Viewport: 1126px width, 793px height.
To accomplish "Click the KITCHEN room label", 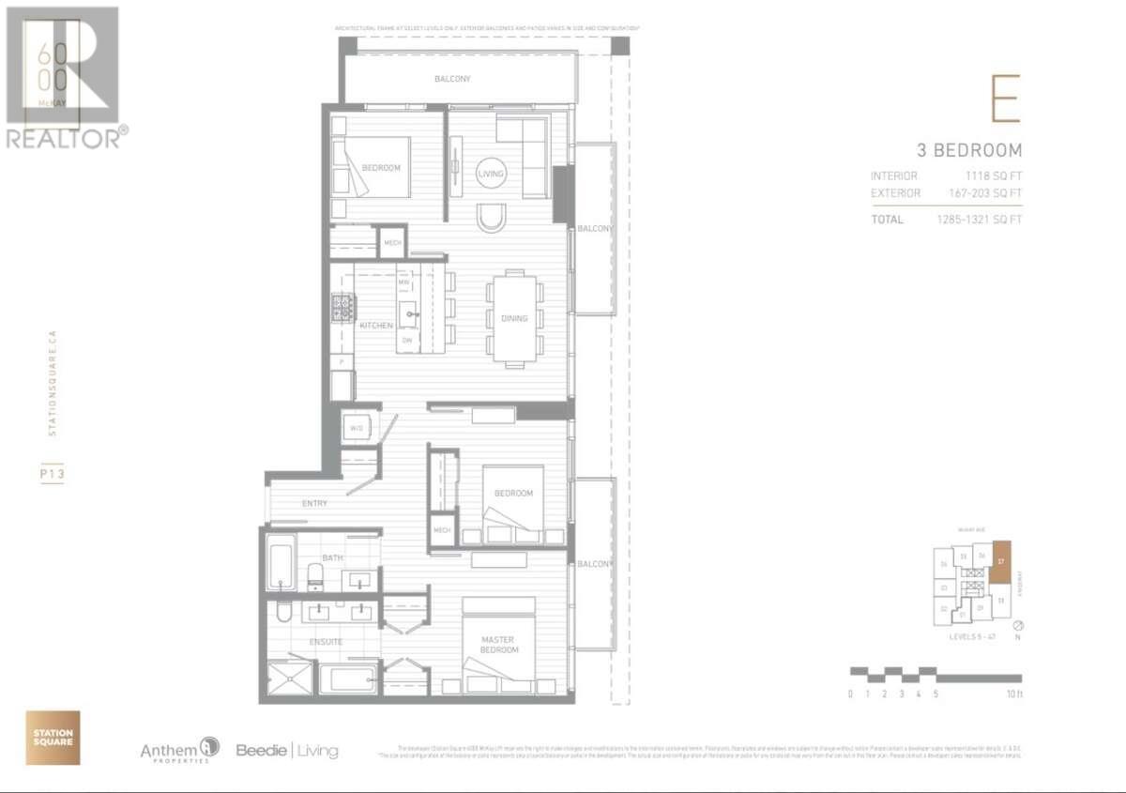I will (x=375, y=325).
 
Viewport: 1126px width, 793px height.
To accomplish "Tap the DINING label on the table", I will (x=513, y=318).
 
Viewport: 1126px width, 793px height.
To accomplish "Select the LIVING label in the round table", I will (x=490, y=174).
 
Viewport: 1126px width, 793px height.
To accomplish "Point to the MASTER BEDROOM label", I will (x=498, y=644).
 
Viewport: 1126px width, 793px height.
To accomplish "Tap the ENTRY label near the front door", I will (x=314, y=504).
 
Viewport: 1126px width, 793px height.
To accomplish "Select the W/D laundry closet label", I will (x=357, y=428).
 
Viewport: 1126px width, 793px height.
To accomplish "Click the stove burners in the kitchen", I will (x=342, y=306).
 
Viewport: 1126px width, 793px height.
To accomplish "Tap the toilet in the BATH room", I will (x=315, y=575).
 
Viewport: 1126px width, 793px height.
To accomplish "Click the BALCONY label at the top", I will (x=452, y=79).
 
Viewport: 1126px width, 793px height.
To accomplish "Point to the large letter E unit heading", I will (x=1005, y=99).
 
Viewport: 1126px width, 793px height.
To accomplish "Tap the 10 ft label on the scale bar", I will (x=1013, y=694).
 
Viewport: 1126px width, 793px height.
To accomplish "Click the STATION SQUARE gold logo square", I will (x=53, y=738).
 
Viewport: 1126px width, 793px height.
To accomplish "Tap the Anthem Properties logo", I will (x=179, y=749).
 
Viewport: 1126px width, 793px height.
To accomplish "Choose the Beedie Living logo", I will (x=286, y=750).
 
